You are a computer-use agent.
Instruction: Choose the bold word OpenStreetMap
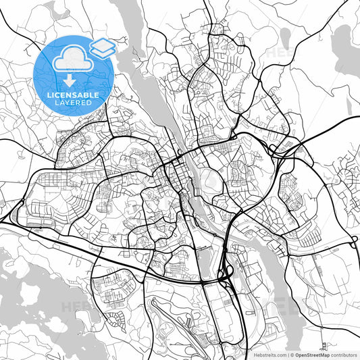point(313,354)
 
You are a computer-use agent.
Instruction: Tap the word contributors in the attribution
point(344,354)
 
